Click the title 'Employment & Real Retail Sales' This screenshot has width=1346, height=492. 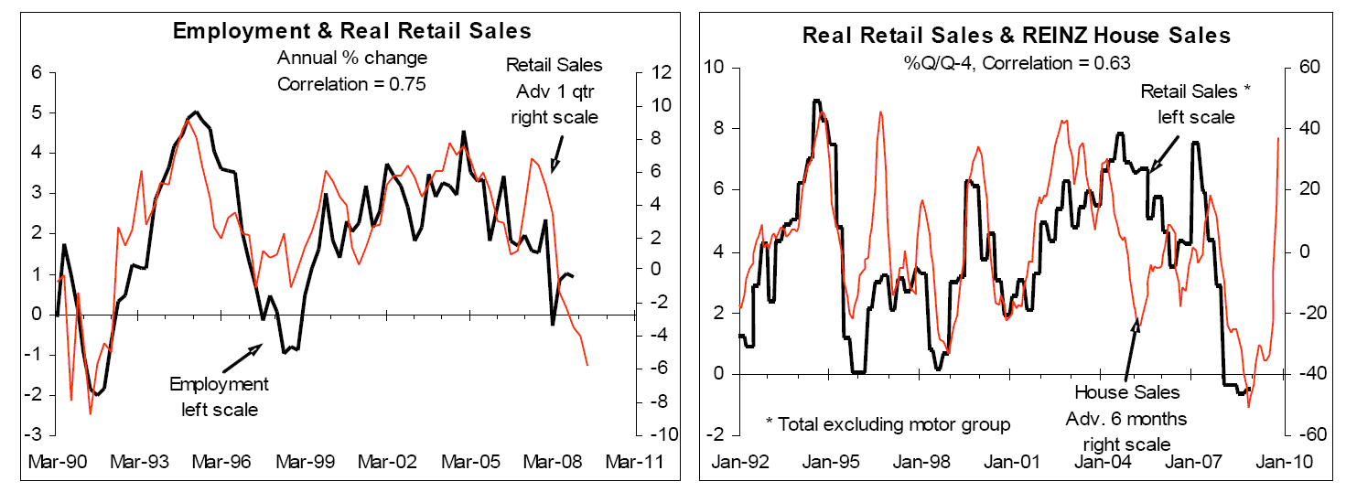pos(352,31)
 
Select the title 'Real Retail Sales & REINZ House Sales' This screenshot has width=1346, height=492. pos(1017,37)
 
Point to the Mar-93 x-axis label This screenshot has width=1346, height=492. pos(141,463)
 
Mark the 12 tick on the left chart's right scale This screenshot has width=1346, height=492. pos(660,72)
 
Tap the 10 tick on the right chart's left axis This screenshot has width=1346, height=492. pos(713,68)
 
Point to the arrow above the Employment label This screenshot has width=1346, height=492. pos(242,358)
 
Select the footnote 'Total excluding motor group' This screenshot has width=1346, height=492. pos(888,423)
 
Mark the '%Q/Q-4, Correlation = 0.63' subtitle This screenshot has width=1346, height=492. pos(1016,64)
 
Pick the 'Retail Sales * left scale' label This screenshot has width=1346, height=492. pos(1194,104)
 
